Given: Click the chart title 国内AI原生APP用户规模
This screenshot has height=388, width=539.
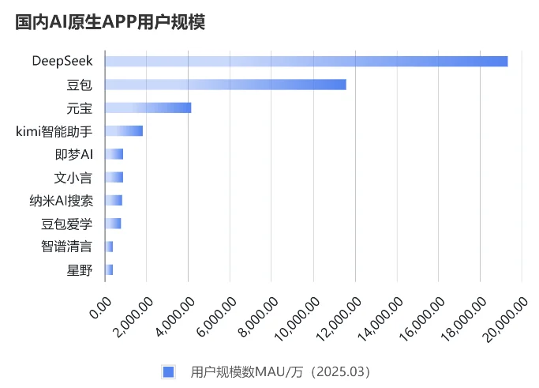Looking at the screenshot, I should pos(110,22).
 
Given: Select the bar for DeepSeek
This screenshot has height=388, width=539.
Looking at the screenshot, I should pos(306,61).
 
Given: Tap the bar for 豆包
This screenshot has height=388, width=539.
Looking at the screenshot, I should pos(225,85).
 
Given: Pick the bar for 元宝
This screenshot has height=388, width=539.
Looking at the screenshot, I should pos(148,107).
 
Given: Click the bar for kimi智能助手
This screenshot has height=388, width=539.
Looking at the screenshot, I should pos(124,130).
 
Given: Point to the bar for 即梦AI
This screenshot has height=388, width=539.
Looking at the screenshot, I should pos(114,153).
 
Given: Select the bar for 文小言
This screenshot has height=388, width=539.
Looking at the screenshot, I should pos(114,177).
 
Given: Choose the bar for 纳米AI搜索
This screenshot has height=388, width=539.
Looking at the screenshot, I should pos(114,200).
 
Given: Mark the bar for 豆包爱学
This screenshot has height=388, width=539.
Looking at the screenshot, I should pos(113,223).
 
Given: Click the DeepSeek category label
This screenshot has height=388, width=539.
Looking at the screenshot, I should pos(62,61).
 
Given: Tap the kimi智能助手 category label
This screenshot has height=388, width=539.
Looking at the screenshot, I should pos(54,130).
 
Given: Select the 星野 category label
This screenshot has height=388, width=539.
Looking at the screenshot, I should pos(80,269).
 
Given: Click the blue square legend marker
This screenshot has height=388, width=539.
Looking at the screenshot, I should pos(167,371).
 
